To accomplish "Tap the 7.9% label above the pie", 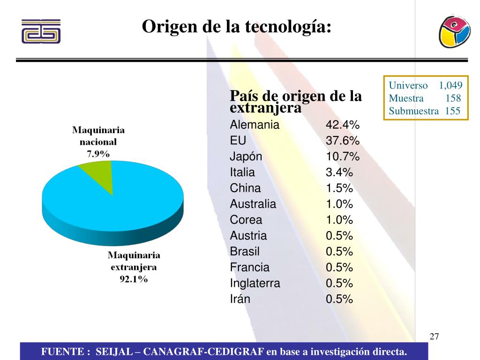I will click(x=98, y=153).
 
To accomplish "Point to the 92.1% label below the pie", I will click(x=134, y=279).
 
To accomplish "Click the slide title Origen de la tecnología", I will click(x=237, y=27).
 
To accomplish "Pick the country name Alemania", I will click(x=255, y=125).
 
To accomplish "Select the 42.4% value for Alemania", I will click(x=343, y=125).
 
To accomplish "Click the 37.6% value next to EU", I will click(x=343, y=141).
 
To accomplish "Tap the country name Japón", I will click(x=246, y=157).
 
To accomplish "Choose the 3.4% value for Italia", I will click(x=339, y=172).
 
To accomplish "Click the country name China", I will click(x=245, y=188).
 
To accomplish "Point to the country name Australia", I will click(x=253, y=204).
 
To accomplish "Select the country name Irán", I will click(x=240, y=299).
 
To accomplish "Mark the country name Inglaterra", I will click(x=255, y=283).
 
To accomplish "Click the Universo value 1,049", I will click(x=450, y=85).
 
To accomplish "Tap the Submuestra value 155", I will click(x=453, y=111).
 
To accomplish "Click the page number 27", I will click(x=434, y=337).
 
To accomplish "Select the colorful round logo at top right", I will click(x=454, y=30).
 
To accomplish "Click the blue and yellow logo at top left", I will click(x=41, y=31).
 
